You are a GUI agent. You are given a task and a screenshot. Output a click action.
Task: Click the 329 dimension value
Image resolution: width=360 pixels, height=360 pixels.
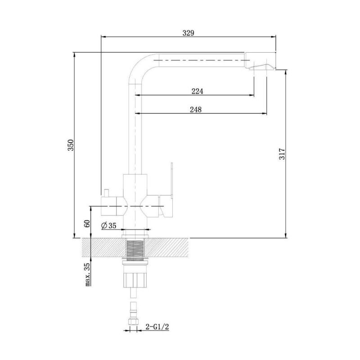coord(188,33)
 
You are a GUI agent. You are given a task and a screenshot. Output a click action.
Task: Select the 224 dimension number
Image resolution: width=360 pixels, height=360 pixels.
coord(197,91)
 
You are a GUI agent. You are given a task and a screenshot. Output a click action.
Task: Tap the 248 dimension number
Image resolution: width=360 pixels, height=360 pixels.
coord(196,110)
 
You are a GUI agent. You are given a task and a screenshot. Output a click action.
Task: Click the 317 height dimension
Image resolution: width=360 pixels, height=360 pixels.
coord(282,154)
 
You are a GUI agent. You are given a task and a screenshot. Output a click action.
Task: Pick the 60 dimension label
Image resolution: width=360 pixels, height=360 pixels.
coord(87,224)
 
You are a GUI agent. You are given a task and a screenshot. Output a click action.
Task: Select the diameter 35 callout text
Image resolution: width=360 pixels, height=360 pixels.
coord(109,226)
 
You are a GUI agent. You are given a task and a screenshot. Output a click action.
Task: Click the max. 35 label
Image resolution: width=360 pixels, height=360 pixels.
coord(87,274)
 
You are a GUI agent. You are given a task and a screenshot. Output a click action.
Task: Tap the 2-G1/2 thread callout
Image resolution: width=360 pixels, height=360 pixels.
coord(157,327)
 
